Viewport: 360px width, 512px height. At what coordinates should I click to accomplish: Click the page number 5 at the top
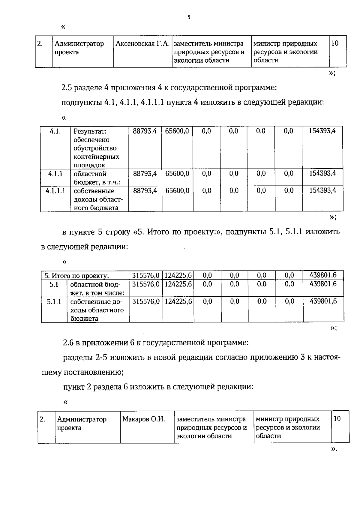click(x=189, y=17)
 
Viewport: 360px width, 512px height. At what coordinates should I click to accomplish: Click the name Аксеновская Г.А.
click(x=143, y=44)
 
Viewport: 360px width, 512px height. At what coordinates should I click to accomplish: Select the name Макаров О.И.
click(x=144, y=419)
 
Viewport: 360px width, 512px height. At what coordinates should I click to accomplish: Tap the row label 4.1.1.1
click(x=55, y=191)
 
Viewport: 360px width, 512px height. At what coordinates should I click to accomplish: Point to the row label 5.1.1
click(x=54, y=302)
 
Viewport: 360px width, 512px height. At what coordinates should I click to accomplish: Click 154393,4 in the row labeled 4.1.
click(x=322, y=131)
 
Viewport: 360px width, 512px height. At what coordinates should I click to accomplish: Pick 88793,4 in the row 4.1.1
click(x=145, y=174)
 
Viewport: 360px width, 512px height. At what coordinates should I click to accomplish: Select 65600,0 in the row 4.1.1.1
click(x=177, y=191)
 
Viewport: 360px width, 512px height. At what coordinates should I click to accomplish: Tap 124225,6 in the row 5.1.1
click(x=178, y=301)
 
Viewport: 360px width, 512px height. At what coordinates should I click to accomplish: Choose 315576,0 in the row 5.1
click(x=146, y=284)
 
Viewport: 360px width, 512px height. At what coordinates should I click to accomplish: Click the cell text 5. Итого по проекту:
click(x=76, y=276)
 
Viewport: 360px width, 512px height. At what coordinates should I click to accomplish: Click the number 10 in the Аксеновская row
click(x=335, y=43)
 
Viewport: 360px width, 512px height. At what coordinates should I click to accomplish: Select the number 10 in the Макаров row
click(x=337, y=419)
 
